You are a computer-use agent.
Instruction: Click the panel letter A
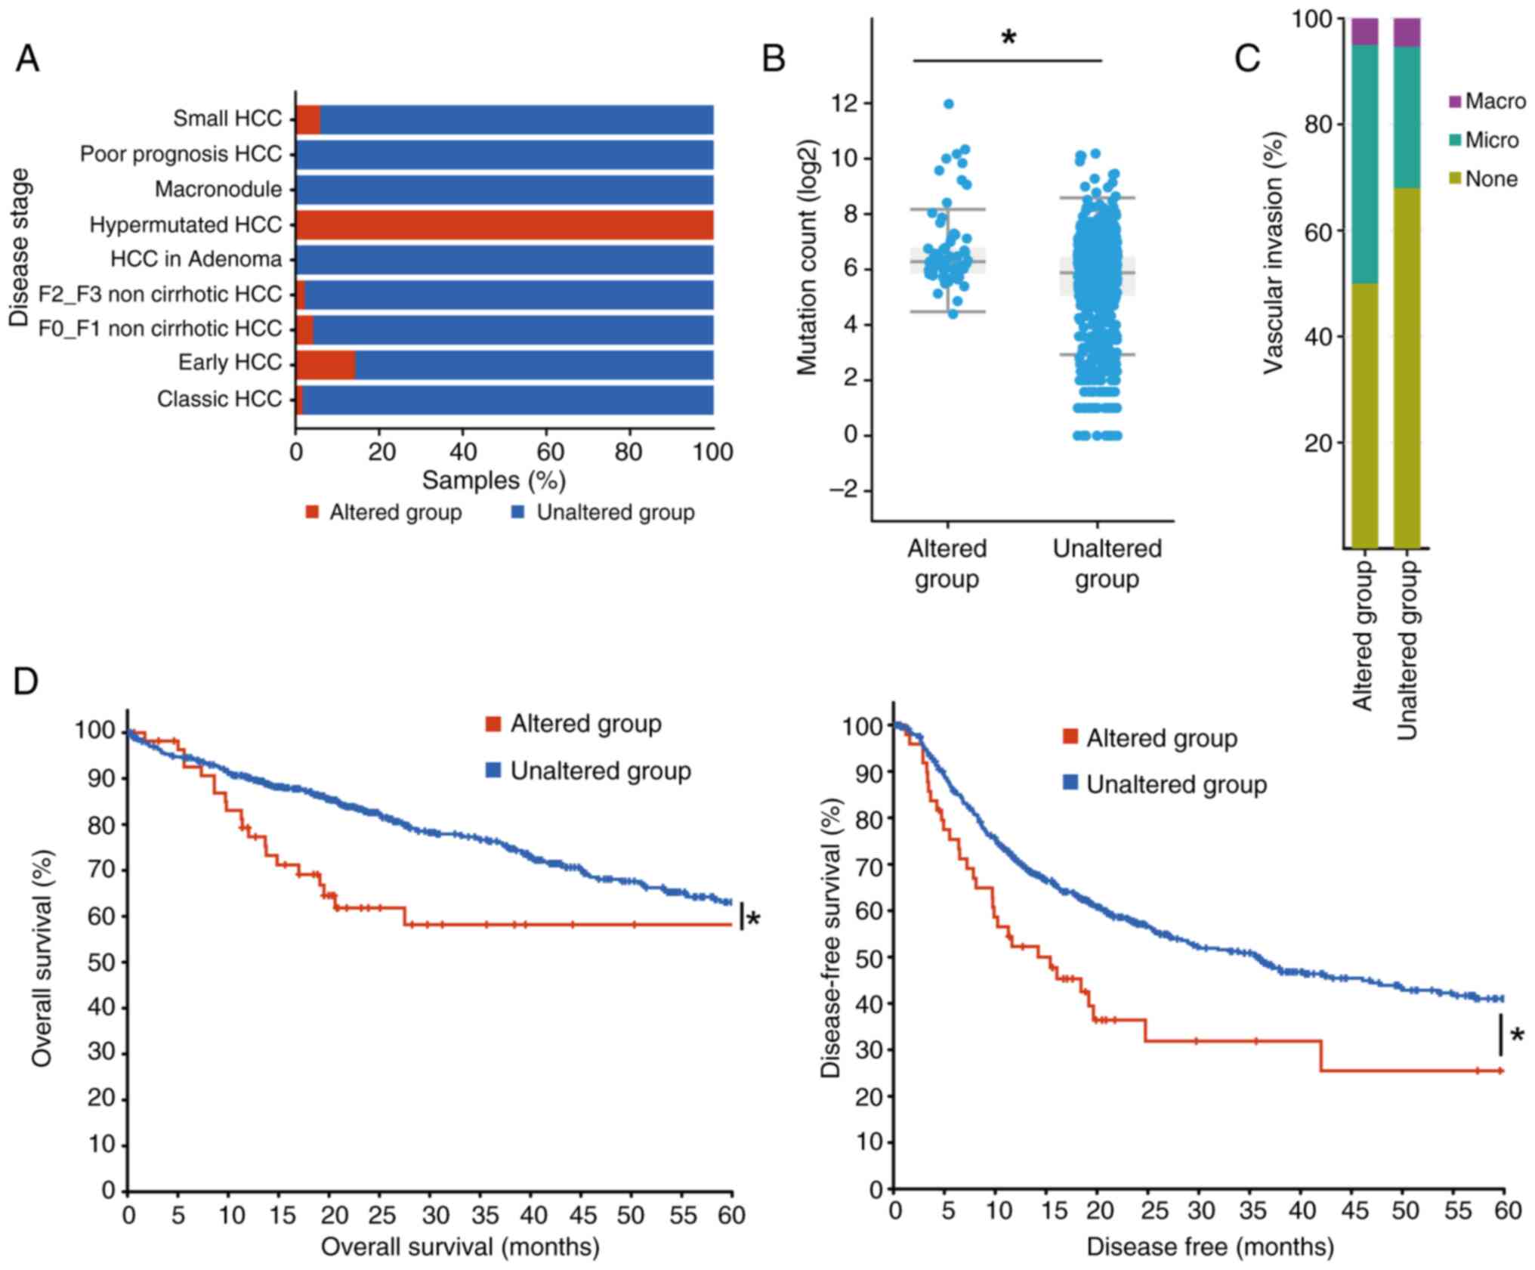27,59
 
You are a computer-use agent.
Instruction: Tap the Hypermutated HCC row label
185,225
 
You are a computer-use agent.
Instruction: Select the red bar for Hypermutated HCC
505,225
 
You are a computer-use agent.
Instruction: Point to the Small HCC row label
227,119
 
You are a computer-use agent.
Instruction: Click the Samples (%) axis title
493,480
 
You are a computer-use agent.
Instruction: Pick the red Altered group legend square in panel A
312,513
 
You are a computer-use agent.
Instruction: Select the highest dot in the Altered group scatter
949,104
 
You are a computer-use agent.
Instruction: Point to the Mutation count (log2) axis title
808,257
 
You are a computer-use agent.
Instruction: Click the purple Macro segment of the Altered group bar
1365,31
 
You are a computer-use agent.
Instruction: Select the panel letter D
26,682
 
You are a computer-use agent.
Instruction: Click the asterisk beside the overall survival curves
753,919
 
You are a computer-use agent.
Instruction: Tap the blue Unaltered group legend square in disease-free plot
1070,784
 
